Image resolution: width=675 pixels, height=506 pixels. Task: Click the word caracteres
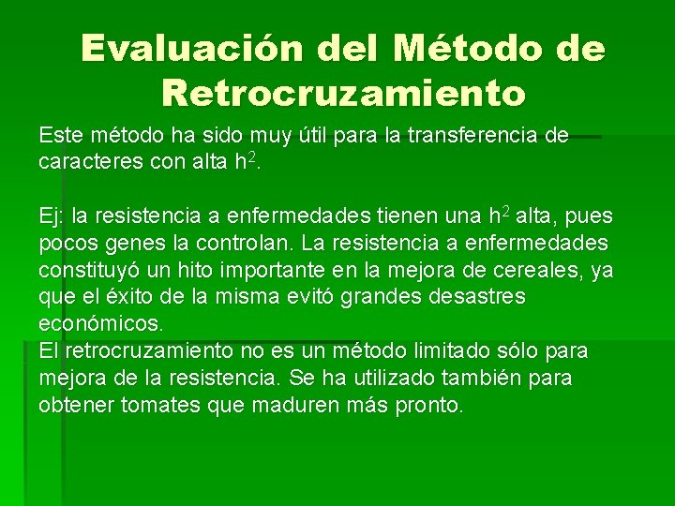[91, 163]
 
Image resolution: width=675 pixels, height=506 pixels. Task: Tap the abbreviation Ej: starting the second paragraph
[52, 217]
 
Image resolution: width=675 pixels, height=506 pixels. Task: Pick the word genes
[130, 245]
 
